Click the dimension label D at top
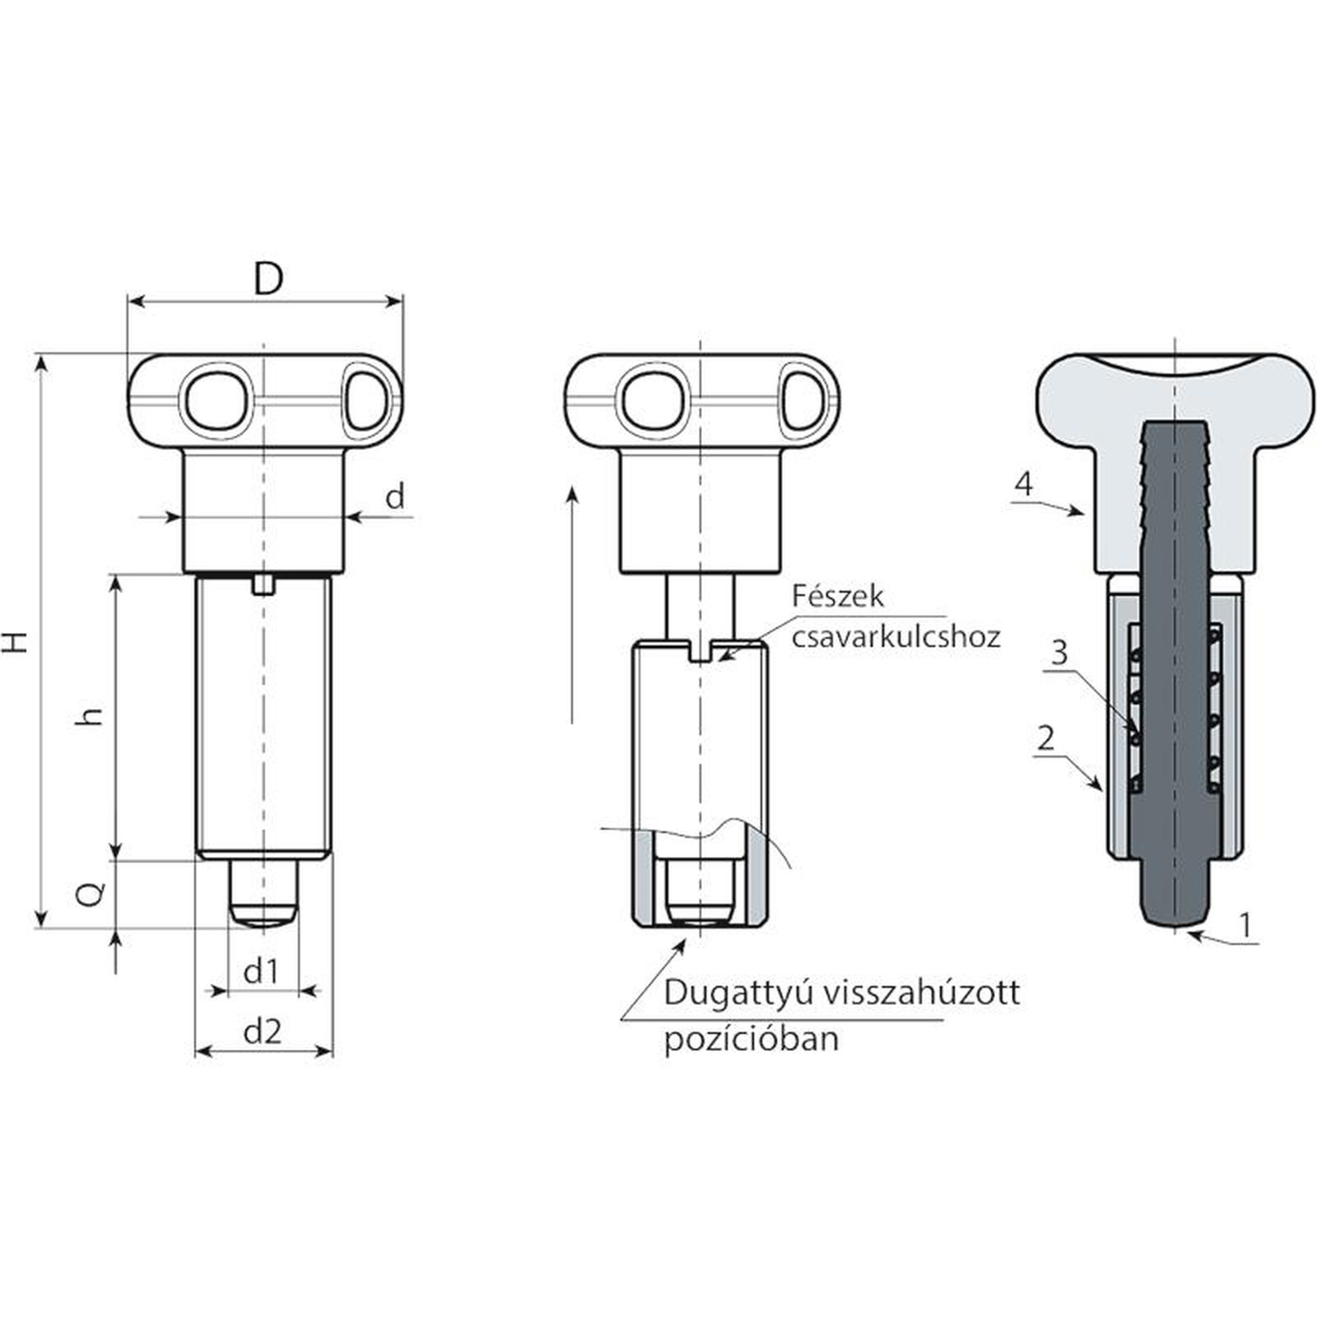[x=268, y=279]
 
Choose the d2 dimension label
[x=263, y=1031]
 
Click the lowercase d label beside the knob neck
[x=395, y=496]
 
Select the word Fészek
[x=837, y=596]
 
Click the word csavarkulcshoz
[x=896, y=637]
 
